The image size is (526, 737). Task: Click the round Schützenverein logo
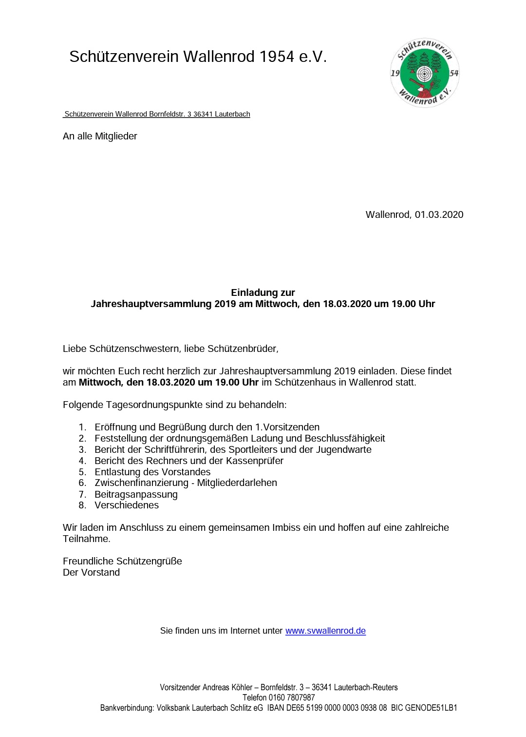point(425,73)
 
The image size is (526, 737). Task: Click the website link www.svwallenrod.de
point(325,631)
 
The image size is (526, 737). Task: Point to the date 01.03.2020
point(439,214)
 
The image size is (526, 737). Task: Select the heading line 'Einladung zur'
point(263,292)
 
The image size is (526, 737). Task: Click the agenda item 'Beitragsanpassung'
point(136,494)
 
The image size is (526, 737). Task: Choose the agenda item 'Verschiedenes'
point(127,505)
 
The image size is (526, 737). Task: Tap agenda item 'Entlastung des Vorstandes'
point(152,472)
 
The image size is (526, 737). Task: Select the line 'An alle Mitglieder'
point(100,136)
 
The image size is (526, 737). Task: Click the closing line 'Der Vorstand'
point(91,573)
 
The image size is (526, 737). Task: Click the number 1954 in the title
point(277,57)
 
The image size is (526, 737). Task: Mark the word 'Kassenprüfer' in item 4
point(255,461)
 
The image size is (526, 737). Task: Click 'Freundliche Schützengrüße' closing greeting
point(122,562)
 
